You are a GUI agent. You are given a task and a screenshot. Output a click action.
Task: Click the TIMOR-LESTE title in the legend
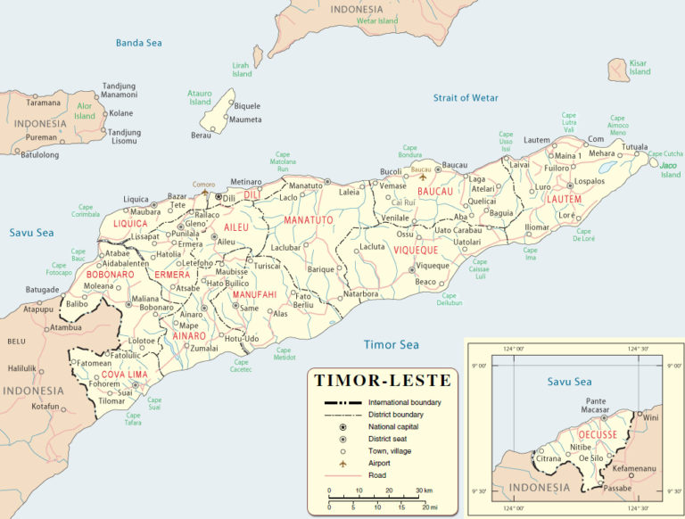click(x=383, y=381)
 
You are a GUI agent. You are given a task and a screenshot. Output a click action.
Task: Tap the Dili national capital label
click(x=229, y=198)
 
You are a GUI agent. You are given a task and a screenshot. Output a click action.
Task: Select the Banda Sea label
click(x=138, y=42)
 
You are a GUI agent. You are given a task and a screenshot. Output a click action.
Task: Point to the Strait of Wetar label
click(x=466, y=97)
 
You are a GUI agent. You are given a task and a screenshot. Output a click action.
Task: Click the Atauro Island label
click(x=200, y=97)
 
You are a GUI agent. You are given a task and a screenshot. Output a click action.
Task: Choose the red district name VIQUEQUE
click(x=419, y=251)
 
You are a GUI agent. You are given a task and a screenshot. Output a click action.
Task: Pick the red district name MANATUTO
click(x=308, y=219)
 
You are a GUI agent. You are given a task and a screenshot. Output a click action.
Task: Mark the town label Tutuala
click(x=634, y=147)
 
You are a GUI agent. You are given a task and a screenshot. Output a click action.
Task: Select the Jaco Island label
click(x=669, y=169)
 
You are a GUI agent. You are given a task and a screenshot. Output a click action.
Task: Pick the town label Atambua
click(x=65, y=327)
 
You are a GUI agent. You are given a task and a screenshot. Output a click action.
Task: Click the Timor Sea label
click(x=391, y=344)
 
